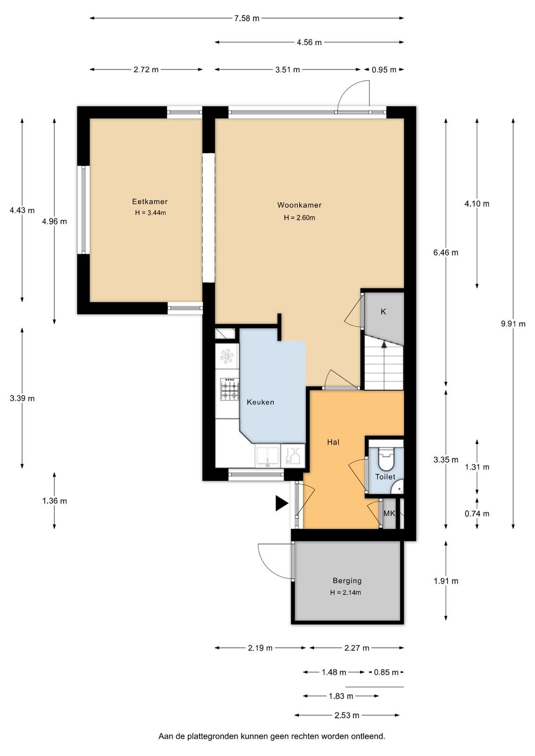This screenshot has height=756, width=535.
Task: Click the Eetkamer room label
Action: pyautogui.click(x=149, y=201)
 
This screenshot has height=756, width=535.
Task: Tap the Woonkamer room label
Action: pyautogui.click(x=299, y=205)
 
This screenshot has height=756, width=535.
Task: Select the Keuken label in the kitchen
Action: pyautogui.click(x=260, y=402)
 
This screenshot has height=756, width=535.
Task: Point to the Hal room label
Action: pyautogui.click(x=333, y=442)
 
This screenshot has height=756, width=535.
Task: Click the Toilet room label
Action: pyautogui.click(x=385, y=477)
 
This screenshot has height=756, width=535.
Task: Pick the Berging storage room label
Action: pyautogui.click(x=347, y=581)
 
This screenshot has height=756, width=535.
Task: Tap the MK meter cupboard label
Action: pyautogui.click(x=389, y=513)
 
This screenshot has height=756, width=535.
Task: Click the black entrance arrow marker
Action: pyautogui.click(x=282, y=503)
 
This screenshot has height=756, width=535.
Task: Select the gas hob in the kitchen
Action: pyautogui.click(x=230, y=389)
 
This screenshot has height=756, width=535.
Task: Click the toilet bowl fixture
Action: pyautogui.click(x=386, y=458)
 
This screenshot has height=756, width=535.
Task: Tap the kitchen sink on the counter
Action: pyautogui.click(x=267, y=456)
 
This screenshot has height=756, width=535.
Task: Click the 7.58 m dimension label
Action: pyautogui.click(x=247, y=18)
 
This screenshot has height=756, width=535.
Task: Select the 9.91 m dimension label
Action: pyautogui.click(x=513, y=324)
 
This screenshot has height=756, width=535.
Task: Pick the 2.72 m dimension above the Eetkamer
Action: pyautogui.click(x=146, y=69)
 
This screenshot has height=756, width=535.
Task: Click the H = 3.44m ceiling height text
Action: pyautogui.click(x=150, y=213)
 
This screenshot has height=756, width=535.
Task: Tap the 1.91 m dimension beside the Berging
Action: pyautogui.click(x=446, y=581)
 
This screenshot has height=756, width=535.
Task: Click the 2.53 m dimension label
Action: pyautogui.click(x=346, y=715)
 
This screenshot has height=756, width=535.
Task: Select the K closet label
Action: pyautogui.click(x=383, y=311)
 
